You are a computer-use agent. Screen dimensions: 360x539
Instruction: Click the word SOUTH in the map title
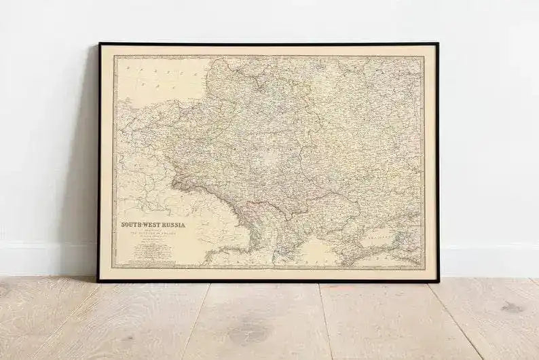click(132, 224)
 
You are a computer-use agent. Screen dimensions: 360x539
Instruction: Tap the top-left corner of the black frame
click(99, 44)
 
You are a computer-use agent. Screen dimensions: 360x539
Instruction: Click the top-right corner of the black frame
click(438, 44)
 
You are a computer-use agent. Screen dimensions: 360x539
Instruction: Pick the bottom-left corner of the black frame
click(98, 280)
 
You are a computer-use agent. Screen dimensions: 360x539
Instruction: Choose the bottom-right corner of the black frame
click(439, 280)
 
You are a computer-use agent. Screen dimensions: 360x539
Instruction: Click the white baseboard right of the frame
click(489, 262)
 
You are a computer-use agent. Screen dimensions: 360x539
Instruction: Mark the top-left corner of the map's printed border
click(114, 56)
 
